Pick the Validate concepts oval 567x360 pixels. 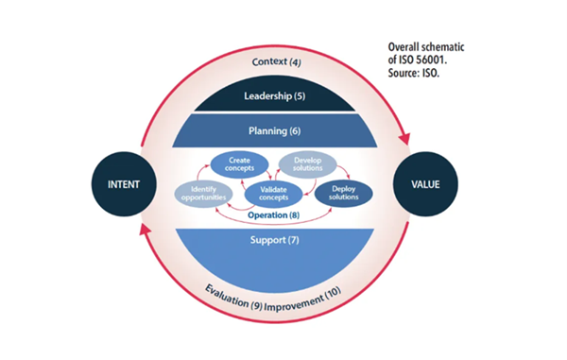pyautogui.click(x=274, y=194)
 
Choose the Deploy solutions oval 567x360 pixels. pyautogui.click(x=342, y=194)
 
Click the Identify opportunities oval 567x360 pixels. pyautogui.click(x=202, y=194)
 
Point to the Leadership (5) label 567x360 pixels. pyautogui.click(x=275, y=95)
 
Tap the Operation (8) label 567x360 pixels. pyautogui.click(x=274, y=215)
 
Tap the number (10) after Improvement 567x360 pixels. pyautogui.click(x=338, y=298)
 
